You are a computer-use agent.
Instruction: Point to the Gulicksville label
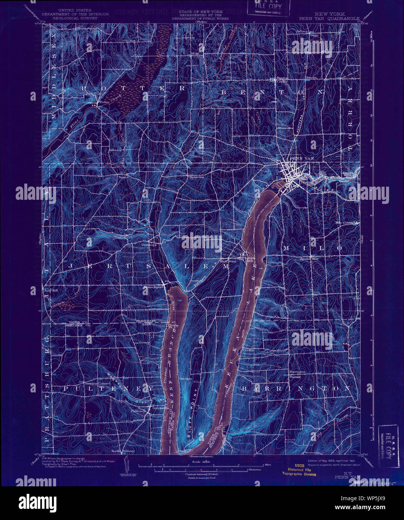[x=161, y=408]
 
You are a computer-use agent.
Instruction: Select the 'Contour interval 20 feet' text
[x=202, y=474]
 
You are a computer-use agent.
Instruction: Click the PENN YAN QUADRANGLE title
[x=329, y=18]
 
